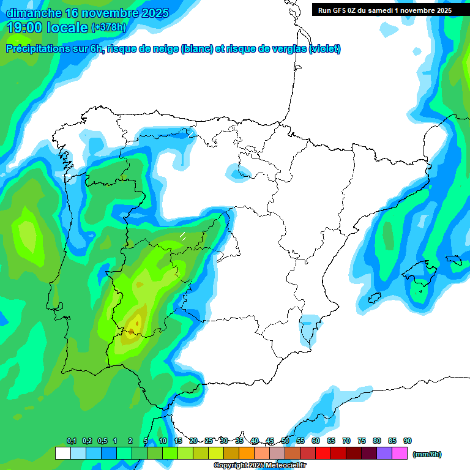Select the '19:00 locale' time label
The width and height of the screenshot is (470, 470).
pyautogui.click(x=47, y=27)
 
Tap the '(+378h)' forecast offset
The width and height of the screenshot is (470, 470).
pyautogui.click(x=109, y=27)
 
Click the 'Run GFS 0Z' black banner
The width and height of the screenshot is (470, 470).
pyautogui.click(x=384, y=10)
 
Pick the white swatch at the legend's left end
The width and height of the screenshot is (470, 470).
pyautogui.click(x=62, y=453)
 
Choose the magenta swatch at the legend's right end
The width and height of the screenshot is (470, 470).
pyautogui.click(x=400, y=453)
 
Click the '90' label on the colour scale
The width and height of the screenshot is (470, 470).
pyautogui.click(x=408, y=441)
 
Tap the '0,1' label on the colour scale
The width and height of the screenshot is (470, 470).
pyautogui.click(x=71, y=441)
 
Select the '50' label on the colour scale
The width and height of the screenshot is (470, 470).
pyautogui.click(x=285, y=441)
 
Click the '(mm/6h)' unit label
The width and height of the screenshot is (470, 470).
pyautogui.click(x=427, y=454)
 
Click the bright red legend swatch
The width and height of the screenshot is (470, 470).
pyautogui.click(x=323, y=453)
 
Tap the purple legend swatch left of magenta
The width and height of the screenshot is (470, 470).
pyautogui.click(x=384, y=453)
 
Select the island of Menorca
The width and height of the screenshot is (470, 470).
pyautogui.click(x=453, y=259)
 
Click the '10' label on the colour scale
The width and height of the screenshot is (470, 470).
pyautogui.click(x=163, y=441)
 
